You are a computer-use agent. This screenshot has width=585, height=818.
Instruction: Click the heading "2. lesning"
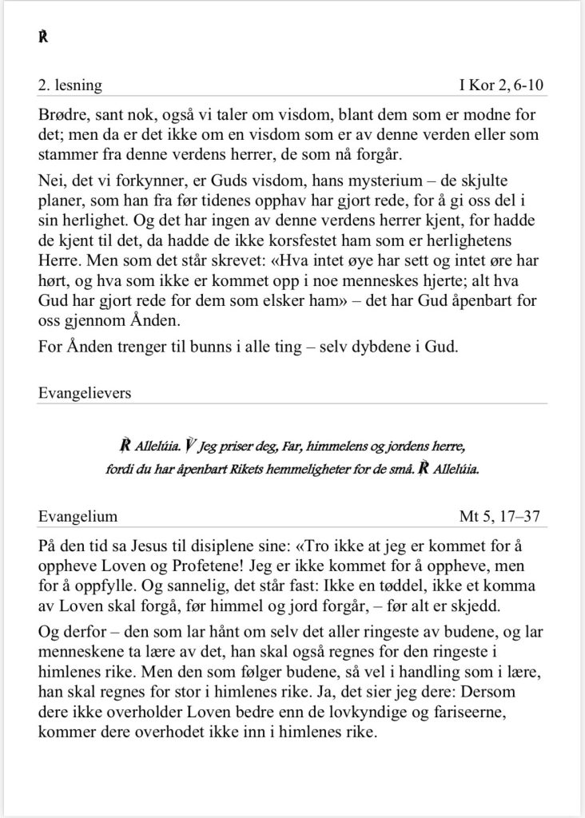pos(70,85)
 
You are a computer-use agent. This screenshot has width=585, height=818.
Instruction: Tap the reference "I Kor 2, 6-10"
pos(503,85)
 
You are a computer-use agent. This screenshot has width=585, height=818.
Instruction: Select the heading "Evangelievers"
pos(84,392)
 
